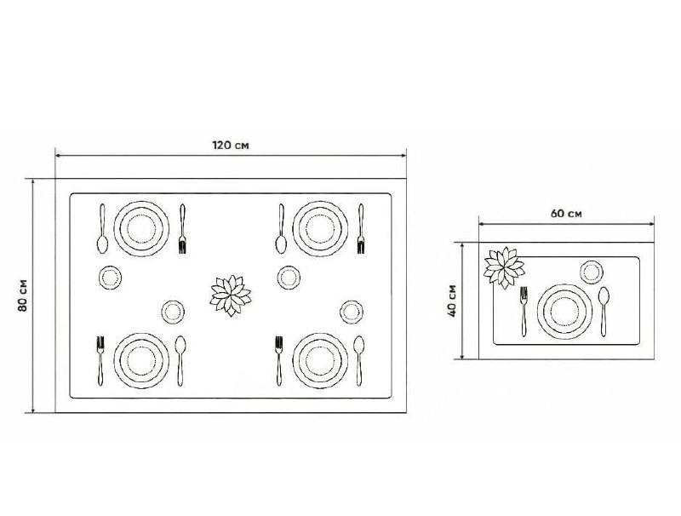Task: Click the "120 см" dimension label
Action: [231, 145]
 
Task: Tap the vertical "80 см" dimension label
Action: [23, 295]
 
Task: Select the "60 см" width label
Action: [566, 213]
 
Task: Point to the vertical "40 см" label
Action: [453, 301]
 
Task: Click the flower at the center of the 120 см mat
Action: [231, 295]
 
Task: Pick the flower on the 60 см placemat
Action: [504, 267]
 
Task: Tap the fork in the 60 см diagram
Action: [524, 311]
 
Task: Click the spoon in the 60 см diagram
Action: [604, 311]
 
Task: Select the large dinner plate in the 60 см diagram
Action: [564, 312]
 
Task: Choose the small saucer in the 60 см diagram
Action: [592, 272]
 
